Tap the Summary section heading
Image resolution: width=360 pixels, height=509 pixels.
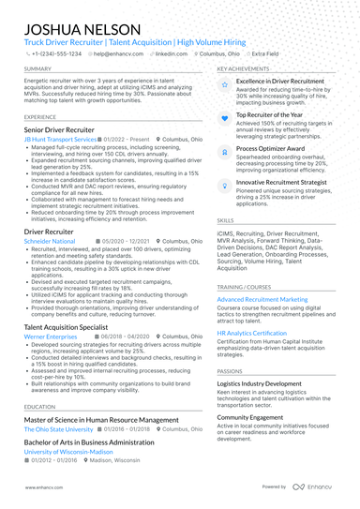[38, 69]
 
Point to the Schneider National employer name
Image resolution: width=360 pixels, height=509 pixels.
[50, 241]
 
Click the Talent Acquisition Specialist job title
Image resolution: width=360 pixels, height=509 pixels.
[72, 326]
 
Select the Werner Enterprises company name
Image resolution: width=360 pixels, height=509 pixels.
[51, 337]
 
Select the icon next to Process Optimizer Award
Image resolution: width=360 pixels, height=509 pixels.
[223, 148]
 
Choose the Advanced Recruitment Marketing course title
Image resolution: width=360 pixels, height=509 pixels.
[262, 299]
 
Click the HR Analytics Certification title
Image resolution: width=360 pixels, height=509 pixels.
[251, 333]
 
